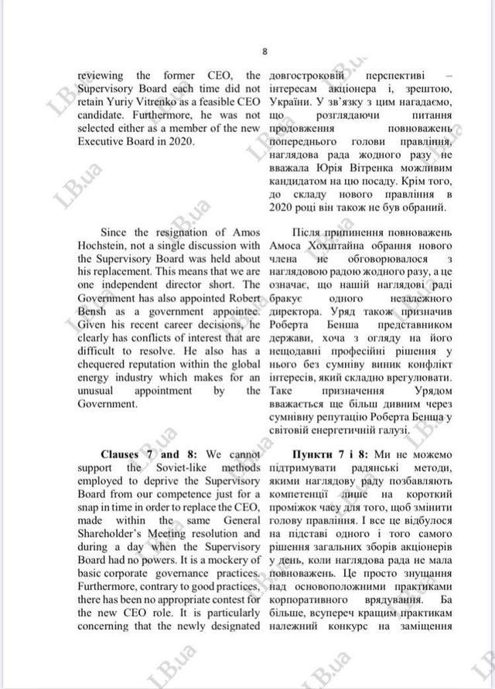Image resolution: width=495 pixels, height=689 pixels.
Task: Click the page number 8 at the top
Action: (x=264, y=53)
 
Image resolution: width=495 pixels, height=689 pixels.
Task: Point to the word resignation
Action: (x=173, y=232)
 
